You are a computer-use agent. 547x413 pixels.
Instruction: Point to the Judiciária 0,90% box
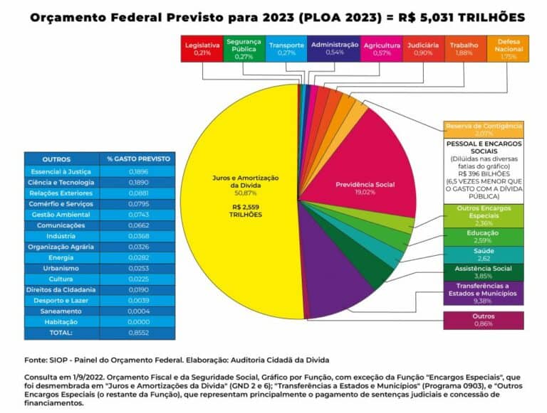[423, 49]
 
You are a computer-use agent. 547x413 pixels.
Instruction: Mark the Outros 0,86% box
[483, 320]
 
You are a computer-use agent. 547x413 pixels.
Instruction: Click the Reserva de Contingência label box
[483, 129]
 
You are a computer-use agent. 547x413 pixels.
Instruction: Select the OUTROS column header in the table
[56, 159]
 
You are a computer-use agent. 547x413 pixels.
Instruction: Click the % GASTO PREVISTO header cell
[137, 159]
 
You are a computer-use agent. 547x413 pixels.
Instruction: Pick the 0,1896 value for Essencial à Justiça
[137, 172]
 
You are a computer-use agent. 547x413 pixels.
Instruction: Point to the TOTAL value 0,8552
[137, 333]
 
